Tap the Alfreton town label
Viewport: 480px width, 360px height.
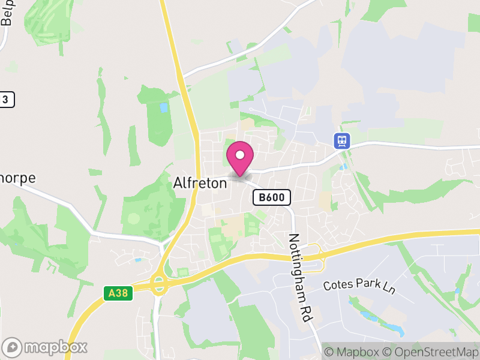[200, 182]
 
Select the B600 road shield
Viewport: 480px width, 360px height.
[272, 197]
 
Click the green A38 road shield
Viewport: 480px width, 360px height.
[118, 293]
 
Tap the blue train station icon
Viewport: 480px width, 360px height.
[342, 141]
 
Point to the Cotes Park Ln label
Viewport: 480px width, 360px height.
[359, 286]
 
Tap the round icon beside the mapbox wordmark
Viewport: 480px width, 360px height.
[13, 347]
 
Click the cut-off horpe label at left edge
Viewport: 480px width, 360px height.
[17, 178]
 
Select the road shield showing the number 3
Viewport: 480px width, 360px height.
[6, 100]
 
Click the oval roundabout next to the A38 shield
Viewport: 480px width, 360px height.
[159, 284]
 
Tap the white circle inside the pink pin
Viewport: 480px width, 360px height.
[240, 155]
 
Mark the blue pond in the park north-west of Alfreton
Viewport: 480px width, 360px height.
[164, 109]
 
